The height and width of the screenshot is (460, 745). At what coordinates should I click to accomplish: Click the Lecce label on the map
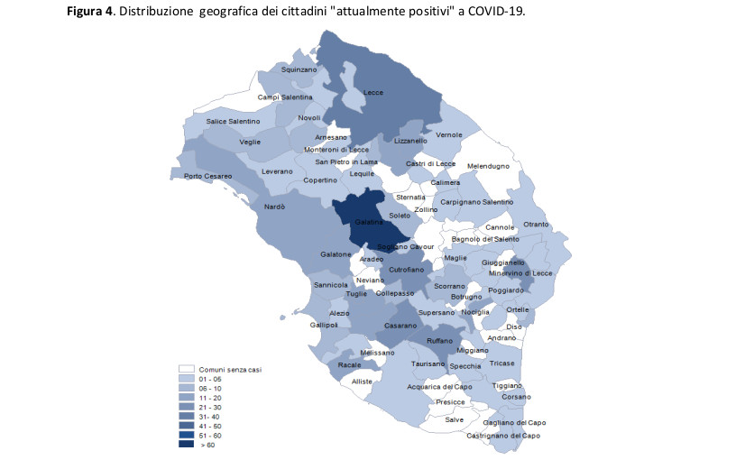point(373,93)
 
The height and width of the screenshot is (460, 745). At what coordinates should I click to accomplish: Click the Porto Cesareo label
point(207,176)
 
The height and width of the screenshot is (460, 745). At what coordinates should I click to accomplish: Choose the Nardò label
point(274,207)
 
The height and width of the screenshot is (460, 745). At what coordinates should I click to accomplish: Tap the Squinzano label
point(299,69)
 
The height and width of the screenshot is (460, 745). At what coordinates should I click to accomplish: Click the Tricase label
point(502,363)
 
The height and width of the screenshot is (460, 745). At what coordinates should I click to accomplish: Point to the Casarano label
point(400,325)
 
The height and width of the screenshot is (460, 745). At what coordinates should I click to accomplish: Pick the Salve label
point(455,419)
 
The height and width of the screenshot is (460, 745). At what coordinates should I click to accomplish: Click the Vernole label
point(448,135)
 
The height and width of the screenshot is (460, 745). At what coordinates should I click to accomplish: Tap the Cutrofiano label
point(406,269)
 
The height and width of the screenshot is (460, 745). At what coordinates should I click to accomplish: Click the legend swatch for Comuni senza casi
point(187,369)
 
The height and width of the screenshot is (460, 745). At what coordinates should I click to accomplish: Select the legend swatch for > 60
point(187,445)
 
